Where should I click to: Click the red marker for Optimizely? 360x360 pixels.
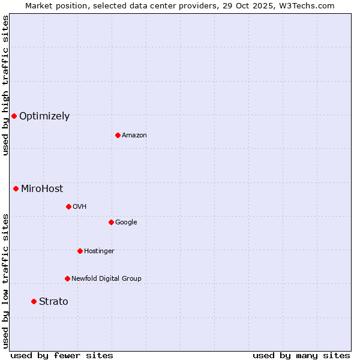14,116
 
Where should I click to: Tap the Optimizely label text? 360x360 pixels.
44,116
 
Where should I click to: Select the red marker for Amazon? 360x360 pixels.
118,135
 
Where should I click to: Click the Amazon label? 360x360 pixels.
134,136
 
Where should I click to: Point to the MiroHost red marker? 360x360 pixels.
16,188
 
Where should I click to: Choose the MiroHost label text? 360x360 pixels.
42,189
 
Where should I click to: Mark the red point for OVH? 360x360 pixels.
68,206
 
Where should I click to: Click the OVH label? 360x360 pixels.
80,207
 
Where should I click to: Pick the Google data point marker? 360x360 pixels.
111,222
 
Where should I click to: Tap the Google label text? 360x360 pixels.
126,223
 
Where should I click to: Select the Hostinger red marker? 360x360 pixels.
80,251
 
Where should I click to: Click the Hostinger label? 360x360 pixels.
99,251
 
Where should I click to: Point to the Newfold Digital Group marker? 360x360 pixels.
67,278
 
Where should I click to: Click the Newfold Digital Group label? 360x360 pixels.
106,279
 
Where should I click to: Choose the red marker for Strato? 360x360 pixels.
34,301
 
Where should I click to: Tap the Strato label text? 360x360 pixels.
53,302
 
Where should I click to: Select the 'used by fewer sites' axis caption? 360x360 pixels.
62,355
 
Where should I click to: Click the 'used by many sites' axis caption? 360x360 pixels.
301,355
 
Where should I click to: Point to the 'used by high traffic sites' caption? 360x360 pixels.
6,85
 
